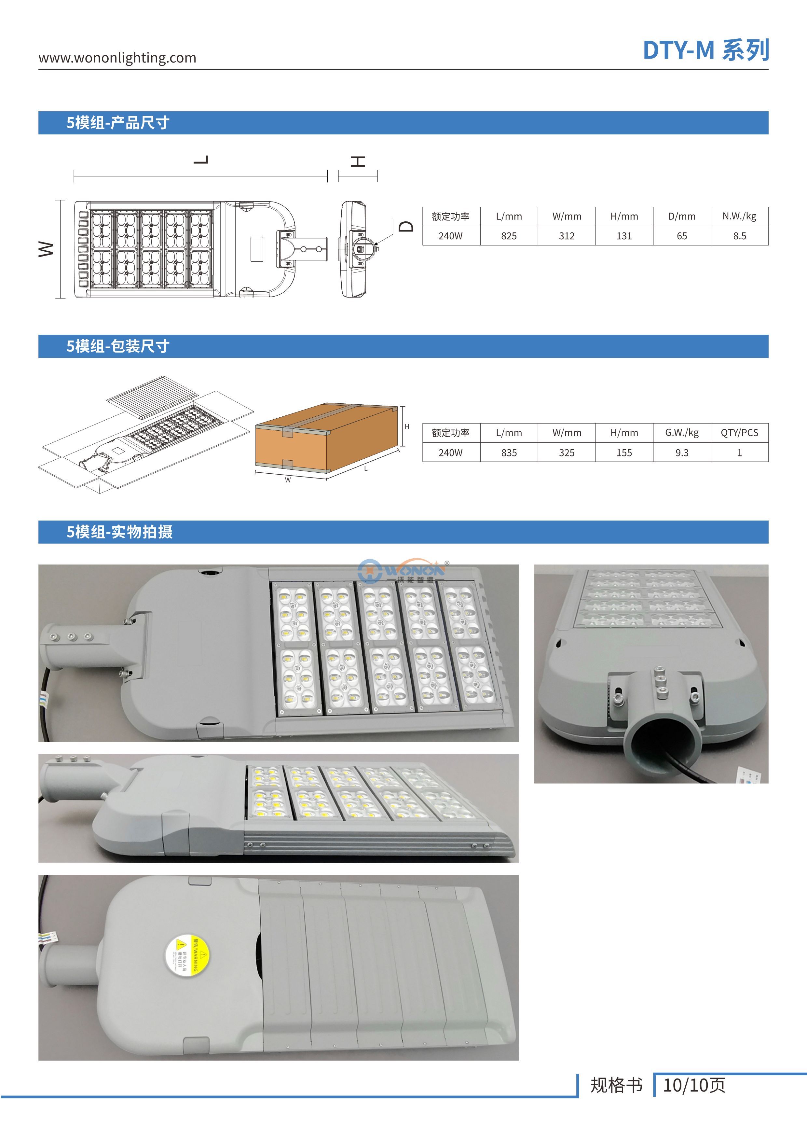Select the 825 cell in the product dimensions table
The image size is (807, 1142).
pos(509,236)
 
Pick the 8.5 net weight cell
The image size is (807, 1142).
pos(739,236)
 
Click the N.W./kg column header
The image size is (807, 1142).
pos(739,216)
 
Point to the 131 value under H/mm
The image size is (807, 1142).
pos(624,236)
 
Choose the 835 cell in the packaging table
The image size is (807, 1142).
pos(509,453)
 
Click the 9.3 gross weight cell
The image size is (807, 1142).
pos(682,453)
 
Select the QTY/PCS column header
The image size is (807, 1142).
pos(739,433)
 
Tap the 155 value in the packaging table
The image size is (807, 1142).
pos(624,453)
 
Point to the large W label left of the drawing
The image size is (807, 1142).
pos(46,249)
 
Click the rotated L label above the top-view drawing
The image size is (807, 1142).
pos(201,160)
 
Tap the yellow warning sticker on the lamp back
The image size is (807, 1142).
pos(187,956)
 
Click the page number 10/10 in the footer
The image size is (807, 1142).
pos(694,1085)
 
